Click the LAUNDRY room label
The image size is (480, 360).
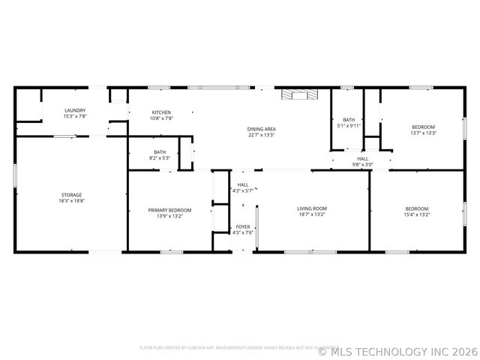[x=75, y=110]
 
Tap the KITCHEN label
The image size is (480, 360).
[x=162, y=112]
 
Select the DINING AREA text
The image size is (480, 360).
[x=261, y=129]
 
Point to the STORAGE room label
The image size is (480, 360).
[x=72, y=195]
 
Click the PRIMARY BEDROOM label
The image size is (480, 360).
[x=169, y=210]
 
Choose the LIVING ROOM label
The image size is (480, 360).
[x=312, y=208]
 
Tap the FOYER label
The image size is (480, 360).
[x=243, y=226]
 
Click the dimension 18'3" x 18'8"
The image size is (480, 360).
[x=72, y=201]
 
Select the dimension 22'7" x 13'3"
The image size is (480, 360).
[x=261, y=135]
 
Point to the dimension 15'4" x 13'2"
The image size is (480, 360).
[x=417, y=214]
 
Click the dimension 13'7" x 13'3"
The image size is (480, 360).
[x=423, y=133]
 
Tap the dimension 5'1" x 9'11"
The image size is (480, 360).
[x=349, y=126]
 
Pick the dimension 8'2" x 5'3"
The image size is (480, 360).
[x=160, y=158]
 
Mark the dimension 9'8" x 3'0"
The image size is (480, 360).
[x=363, y=165]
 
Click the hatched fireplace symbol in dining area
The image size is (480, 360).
[x=299, y=94]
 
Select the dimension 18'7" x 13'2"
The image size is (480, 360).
[x=312, y=214]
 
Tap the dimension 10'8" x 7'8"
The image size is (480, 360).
[x=162, y=118]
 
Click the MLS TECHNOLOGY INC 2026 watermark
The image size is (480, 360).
[x=397, y=350]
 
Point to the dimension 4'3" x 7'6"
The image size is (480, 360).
[x=243, y=232]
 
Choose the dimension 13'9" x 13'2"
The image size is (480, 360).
[x=169, y=216]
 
